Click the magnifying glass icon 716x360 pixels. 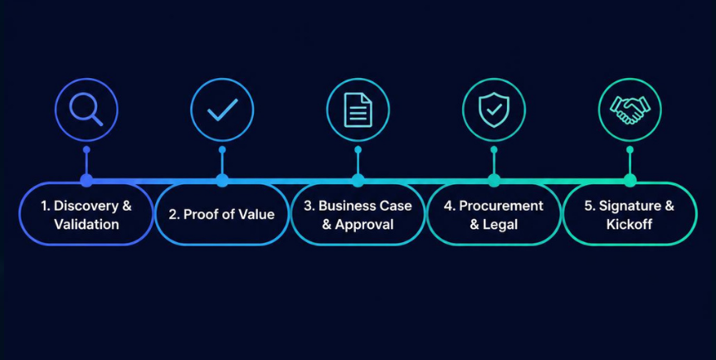pyautogui.click(x=85, y=110)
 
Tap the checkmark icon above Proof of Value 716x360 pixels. pyautogui.click(x=222, y=110)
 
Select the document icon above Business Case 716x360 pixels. pyautogui.click(x=358, y=110)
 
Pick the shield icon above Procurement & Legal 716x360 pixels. pyautogui.click(x=494, y=110)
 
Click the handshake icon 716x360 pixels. pyautogui.click(x=631, y=110)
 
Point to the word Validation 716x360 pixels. pyautogui.click(x=86, y=224)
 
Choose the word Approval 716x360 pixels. pyautogui.click(x=364, y=224)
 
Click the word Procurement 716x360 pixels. pyautogui.click(x=501, y=206)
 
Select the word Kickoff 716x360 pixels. pyautogui.click(x=629, y=224)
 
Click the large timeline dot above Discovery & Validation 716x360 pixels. pyautogui.click(x=86, y=180)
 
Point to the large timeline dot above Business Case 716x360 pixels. pyautogui.click(x=358, y=180)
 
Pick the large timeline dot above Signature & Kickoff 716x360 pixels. pyautogui.click(x=630, y=180)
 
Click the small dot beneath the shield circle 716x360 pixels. pyautogui.click(x=494, y=149)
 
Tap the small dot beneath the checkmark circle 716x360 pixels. pyautogui.click(x=222, y=149)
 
